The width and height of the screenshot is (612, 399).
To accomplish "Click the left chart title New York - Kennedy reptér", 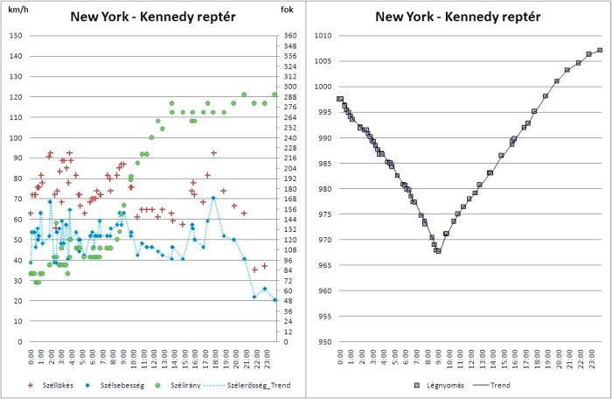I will coord(152,17).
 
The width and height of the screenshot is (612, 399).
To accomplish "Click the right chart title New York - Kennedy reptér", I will coord(457,17).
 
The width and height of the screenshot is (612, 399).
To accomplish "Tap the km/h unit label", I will coord(17,10).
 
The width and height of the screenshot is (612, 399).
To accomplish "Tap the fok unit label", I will coord(288,10).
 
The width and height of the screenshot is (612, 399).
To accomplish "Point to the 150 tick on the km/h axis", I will coord(17,36).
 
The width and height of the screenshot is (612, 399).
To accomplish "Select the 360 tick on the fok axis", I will coord(289,36).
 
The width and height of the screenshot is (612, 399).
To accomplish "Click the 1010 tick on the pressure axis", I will coord(323,36).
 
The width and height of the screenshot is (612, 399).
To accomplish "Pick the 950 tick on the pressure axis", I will coord(324,342).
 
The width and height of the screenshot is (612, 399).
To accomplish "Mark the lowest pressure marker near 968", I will coord(438,251).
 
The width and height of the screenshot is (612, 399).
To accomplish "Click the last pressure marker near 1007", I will coord(600,50).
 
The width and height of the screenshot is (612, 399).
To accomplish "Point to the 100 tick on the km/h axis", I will coord(17,138).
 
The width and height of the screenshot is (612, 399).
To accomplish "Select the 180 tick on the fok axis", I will coord(289,189).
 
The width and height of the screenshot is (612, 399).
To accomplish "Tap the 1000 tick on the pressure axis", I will coord(323,87).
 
